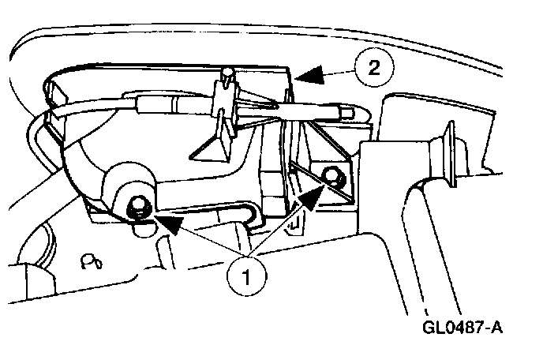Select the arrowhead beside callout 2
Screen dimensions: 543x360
pos(310,75)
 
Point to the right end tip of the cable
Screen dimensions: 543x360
pos(348,113)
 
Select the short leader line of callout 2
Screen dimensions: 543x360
pos(335,73)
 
